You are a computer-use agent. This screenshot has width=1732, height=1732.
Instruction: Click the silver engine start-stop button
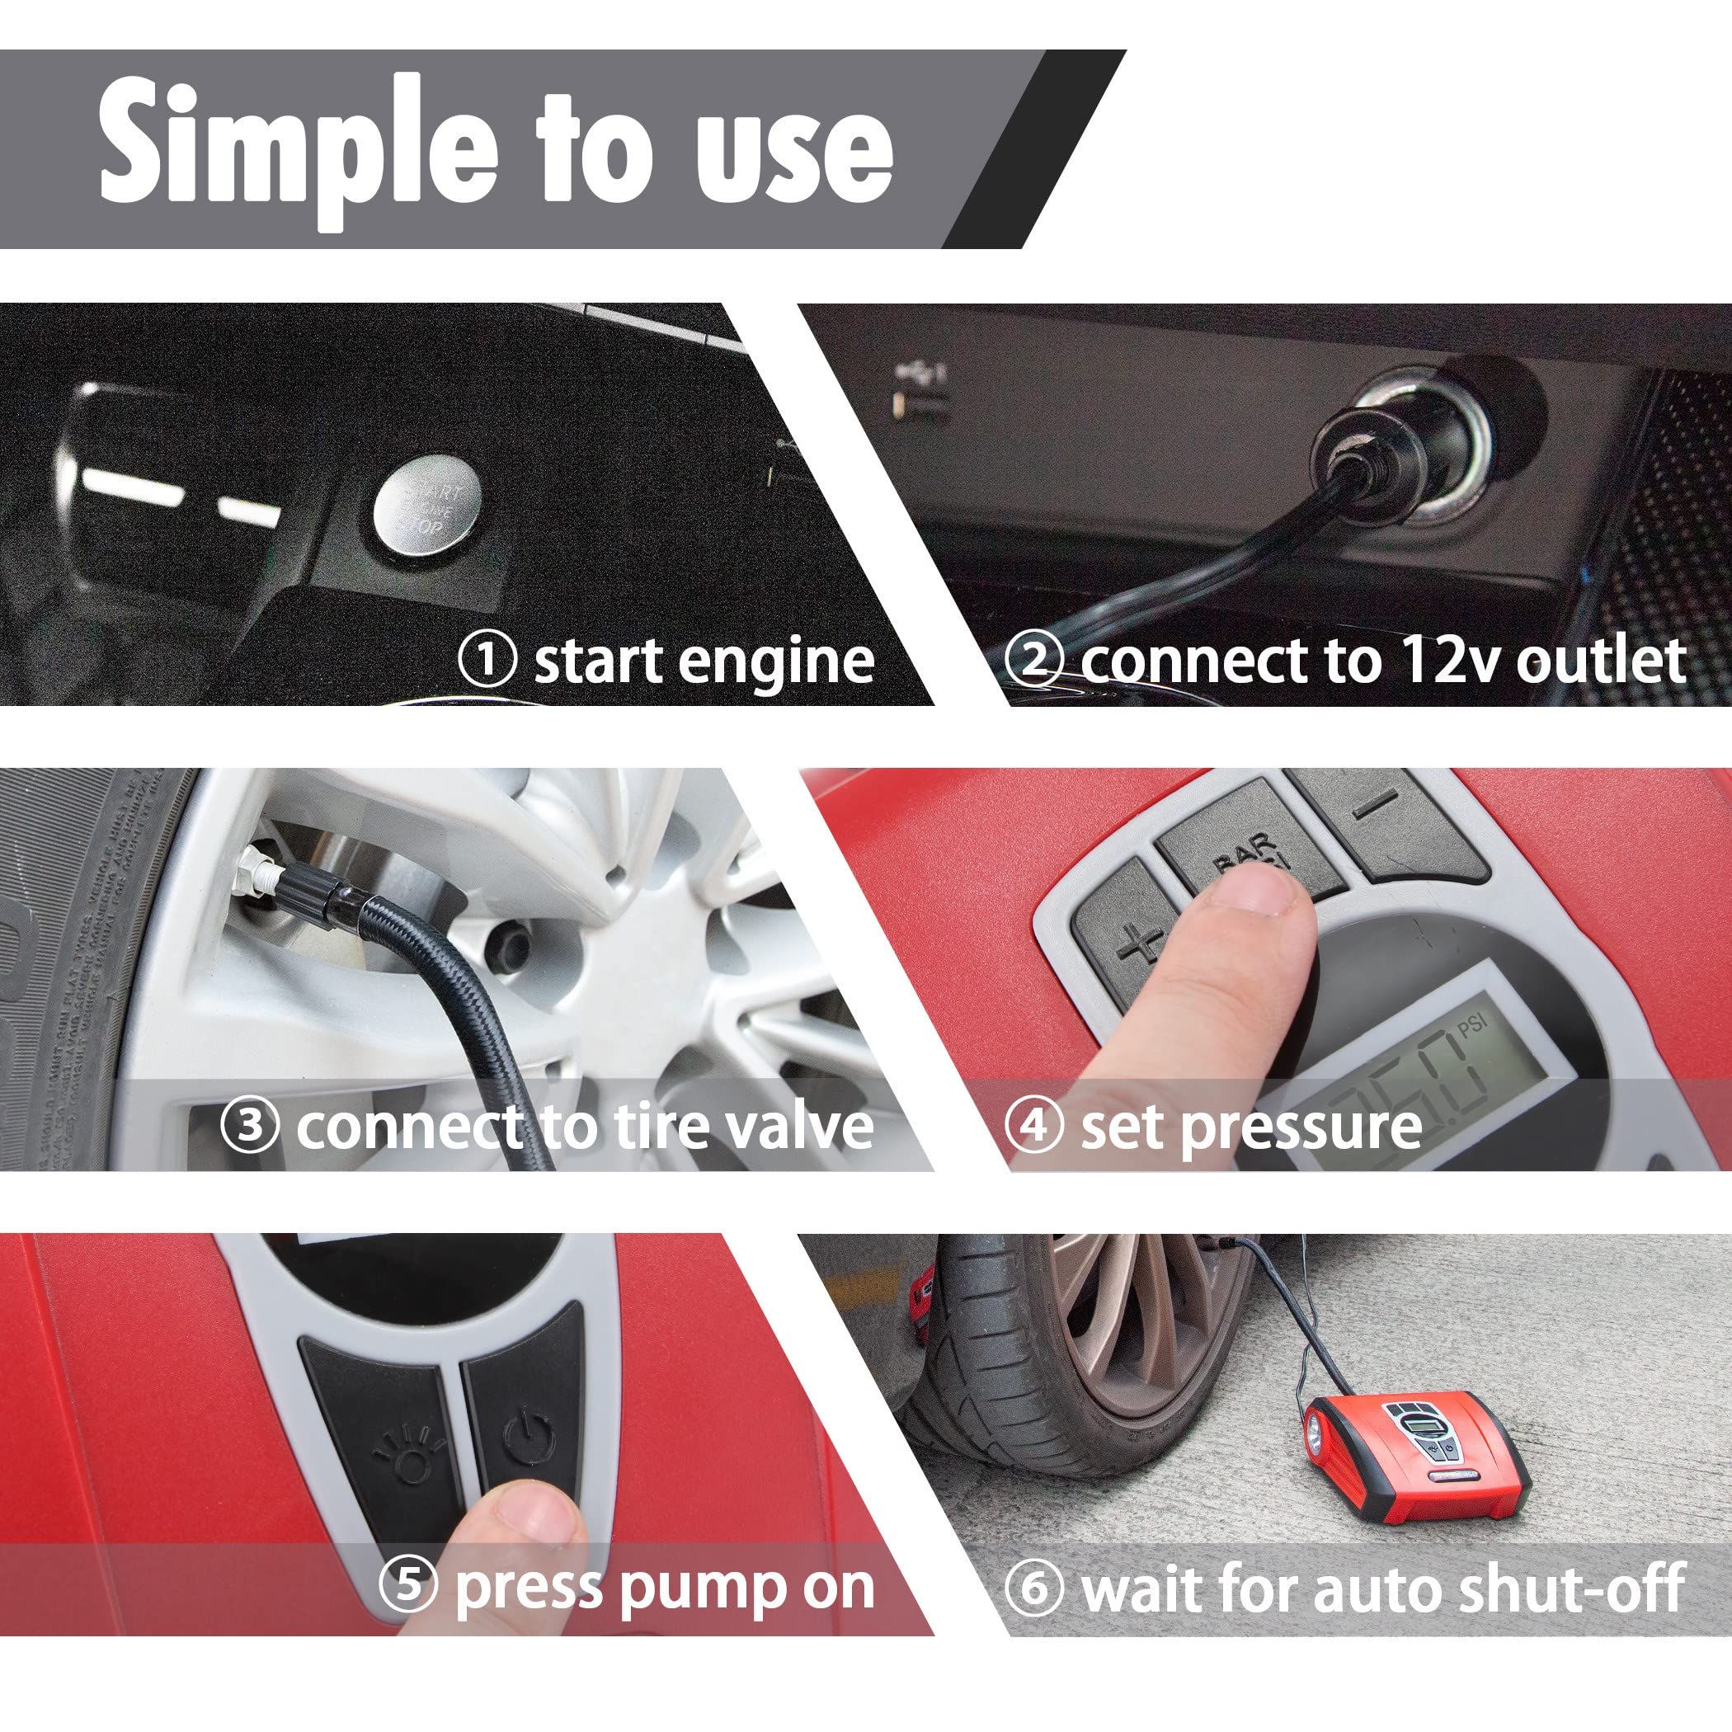coord(426,509)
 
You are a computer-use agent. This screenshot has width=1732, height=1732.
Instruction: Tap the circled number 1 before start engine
coord(487,659)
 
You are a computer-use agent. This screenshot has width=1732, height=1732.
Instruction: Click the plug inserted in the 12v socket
coord(1372,448)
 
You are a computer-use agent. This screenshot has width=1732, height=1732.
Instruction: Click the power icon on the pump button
coord(529,1434)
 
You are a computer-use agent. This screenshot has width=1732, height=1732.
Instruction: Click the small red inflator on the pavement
coord(1412,1457)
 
